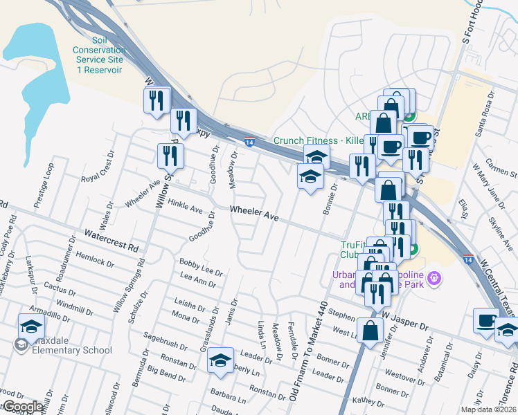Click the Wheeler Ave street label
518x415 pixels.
pos(254,213)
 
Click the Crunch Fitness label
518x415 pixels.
pos(319,140)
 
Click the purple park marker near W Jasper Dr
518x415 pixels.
pos(434,279)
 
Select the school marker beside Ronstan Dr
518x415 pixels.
pos(221,360)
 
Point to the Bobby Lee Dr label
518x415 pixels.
pos(201,268)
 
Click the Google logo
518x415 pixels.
pos(21,406)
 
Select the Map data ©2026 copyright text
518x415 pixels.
pos(488,409)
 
